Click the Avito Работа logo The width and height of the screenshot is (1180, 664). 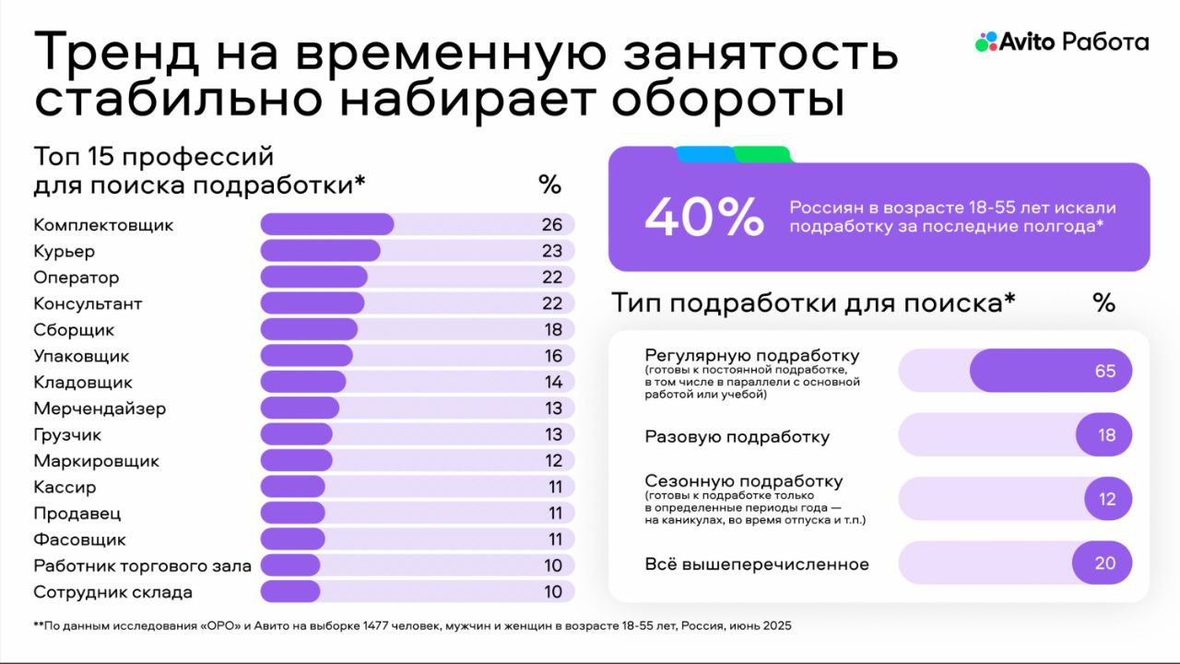[x=1062, y=42]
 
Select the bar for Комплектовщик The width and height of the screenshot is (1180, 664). [x=327, y=225]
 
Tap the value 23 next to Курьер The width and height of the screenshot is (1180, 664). [x=551, y=251]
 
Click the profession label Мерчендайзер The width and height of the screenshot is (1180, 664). [x=100, y=409]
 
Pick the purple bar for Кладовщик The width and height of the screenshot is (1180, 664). [x=303, y=383]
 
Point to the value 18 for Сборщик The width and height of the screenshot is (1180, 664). [x=551, y=330]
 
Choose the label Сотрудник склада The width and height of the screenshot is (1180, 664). [x=112, y=592]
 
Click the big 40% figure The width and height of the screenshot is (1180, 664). [x=704, y=219]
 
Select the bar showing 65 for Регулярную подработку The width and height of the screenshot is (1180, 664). [x=1050, y=371]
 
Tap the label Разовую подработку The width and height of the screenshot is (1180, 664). [x=737, y=437]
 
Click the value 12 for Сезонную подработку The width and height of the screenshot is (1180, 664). [x=1106, y=499]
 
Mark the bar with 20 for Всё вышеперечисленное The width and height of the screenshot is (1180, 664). [x=1102, y=563]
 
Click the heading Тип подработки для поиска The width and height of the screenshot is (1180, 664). [x=813, y=302]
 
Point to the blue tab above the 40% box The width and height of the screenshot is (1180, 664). [x=704, y=154]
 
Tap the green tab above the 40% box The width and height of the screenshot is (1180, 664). [x=761, y=154]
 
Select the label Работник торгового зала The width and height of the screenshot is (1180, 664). [x=142, y=566]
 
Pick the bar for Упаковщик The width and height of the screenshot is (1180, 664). [x=306, y=356]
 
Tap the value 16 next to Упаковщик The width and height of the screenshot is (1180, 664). [x=551, y=356]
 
